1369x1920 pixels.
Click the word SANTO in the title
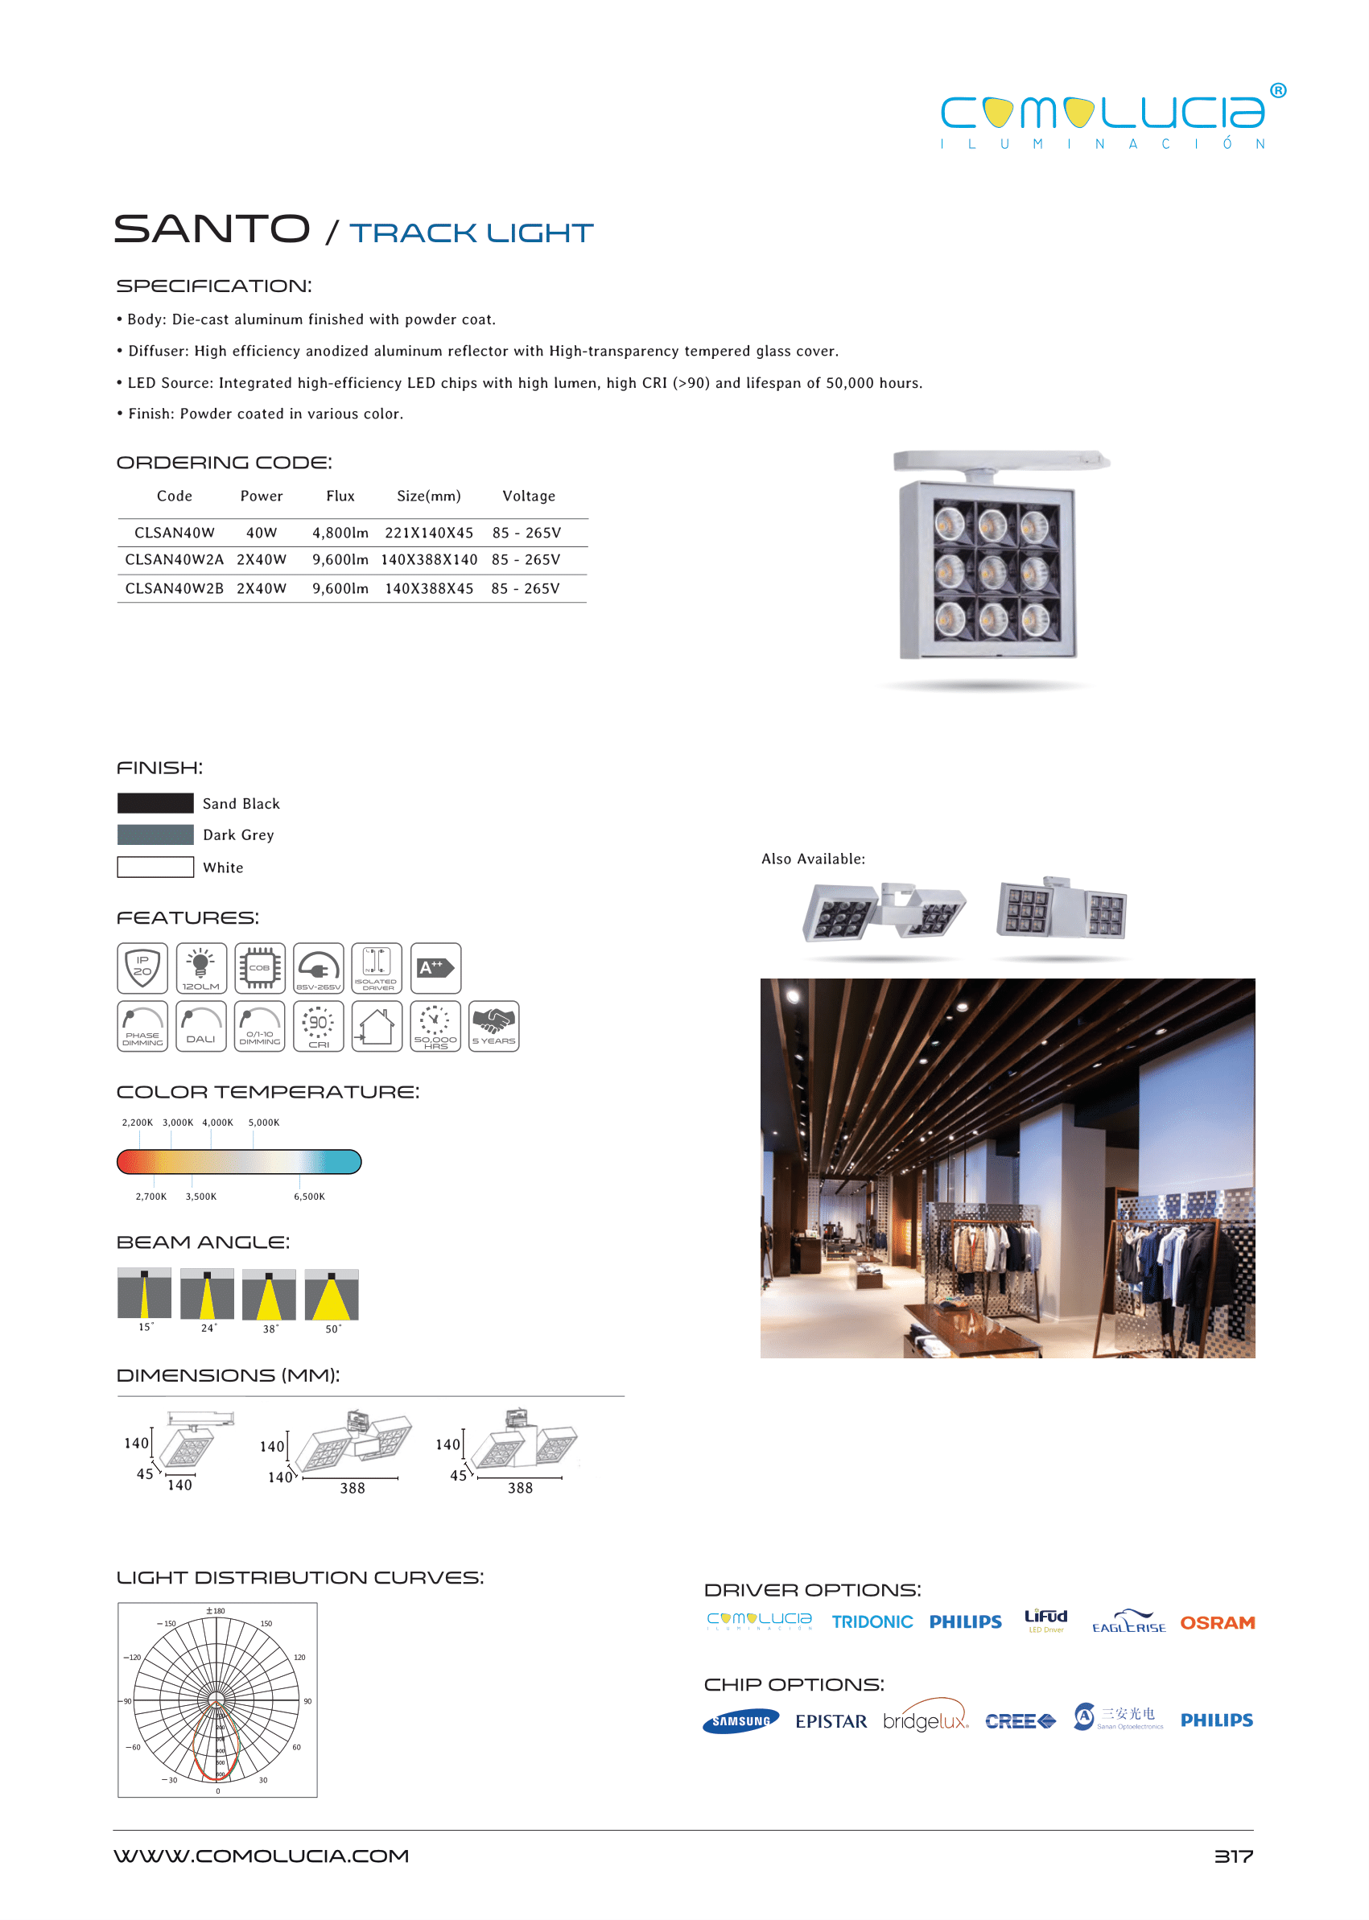pos(212,229)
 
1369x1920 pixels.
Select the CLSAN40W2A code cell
pos(175,559)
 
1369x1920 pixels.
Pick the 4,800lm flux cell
pos(340,533)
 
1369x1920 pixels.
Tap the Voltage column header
pos(529,496)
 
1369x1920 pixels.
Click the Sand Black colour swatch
pos(155,803)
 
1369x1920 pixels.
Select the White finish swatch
pos(155,867)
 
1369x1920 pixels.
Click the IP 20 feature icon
pos(142,967)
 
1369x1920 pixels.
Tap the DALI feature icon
pos(200,1026)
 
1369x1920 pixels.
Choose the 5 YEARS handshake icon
pos(493,1026)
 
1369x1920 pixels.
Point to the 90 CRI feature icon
pos(318,1026)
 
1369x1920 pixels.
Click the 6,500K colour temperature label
pos(308,1197)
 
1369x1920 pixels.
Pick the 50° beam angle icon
pos(332,1295)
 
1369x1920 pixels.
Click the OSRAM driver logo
pos(1216,1622)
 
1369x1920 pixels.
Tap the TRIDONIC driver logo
pos(872,1621)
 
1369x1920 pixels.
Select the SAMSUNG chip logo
pos(740,1721)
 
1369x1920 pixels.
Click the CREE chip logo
pos(1020,1721)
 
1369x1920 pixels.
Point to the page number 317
pos(1232,1856)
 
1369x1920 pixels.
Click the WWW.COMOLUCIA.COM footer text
pos(262,1856)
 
